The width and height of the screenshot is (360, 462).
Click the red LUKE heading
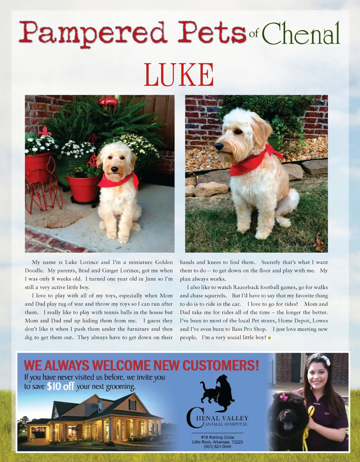(179, 75)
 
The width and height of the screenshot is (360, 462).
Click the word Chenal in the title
(301, 34)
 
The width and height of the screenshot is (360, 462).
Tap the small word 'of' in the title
(253, 34)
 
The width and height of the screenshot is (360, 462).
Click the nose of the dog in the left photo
(115, 169)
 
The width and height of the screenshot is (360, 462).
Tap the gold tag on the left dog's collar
(121, 189)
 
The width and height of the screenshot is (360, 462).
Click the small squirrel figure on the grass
(319, 243)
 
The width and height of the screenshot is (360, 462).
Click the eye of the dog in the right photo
(239, 132)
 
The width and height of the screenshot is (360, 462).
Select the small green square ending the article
(269, 338)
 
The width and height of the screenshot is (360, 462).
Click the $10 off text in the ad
(60, 386)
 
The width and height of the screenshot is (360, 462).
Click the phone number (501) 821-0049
(217, 447)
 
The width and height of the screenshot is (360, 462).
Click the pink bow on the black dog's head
(283, 397)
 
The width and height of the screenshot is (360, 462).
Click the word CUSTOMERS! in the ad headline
(220, 366)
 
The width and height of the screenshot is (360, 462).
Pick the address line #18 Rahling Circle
(217, 437)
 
